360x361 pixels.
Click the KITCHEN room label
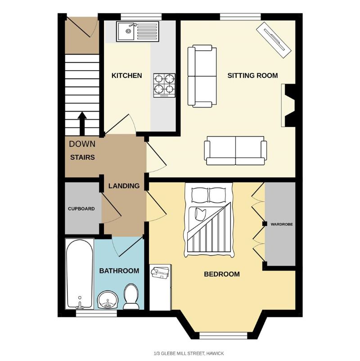[x=126, y=75]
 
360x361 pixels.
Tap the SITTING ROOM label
[x=252, y=75]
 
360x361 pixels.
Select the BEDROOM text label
[x=222, y=274]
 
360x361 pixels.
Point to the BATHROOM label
[x=119, y=271]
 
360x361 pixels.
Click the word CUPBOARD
[x=81, y=209]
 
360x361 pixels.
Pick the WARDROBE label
[x=281, y=224]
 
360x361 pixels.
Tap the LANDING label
[x=124, y=186]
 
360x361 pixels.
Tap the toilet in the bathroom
[x=131, y=297]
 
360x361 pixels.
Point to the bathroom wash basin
[x=108, y=299]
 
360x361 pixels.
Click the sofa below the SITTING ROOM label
[x=235, y=150]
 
